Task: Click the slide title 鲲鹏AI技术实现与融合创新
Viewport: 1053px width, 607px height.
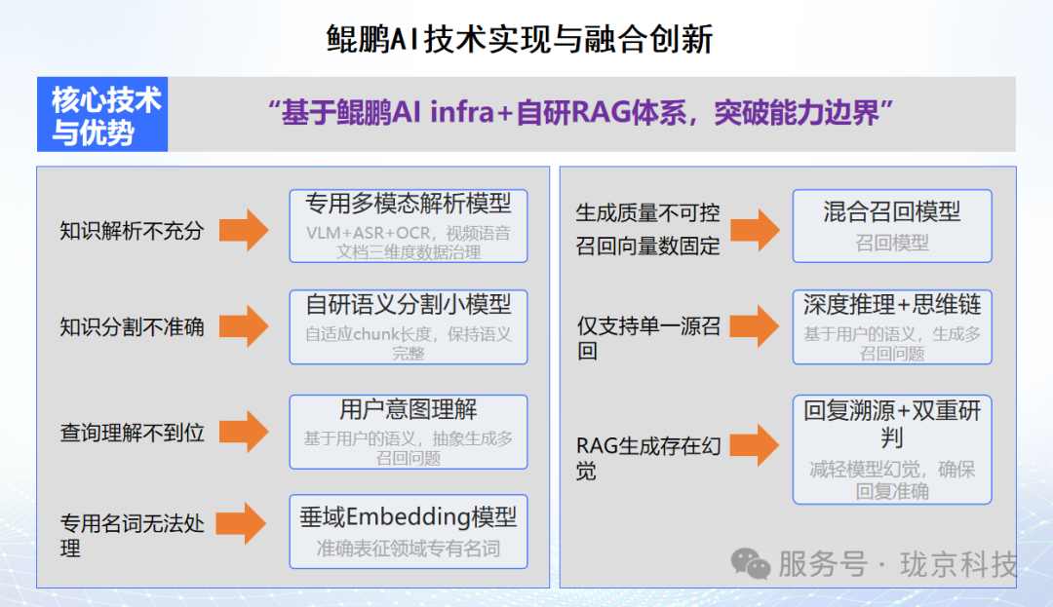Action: click(519, 40)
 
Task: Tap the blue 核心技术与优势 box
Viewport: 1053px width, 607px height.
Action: click(103, 115)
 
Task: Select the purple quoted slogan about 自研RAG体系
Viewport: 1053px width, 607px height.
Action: click(581, 113)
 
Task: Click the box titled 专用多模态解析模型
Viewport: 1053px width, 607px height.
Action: click(409, 225)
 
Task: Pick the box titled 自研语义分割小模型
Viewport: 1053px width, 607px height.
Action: click(409, 326)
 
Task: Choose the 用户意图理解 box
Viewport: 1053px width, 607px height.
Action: click(409, 430)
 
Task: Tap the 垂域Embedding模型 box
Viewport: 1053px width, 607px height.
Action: click(409, 531)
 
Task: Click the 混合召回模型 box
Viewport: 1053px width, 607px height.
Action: click(891, 225)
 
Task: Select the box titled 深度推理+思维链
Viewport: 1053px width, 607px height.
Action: click(891, 326)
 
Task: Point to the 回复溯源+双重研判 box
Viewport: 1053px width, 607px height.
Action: click(891, 448)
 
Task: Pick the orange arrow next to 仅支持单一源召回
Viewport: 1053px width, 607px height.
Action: click(755, 326)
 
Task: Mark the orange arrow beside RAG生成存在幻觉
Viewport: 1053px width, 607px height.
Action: click(755, 446)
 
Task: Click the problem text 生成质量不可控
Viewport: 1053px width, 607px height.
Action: click(647, 212)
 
